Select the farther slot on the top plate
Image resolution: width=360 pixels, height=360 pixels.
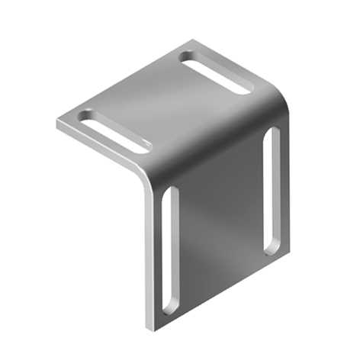coord(216,73)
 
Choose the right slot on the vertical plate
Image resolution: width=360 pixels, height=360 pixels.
coord(271,191)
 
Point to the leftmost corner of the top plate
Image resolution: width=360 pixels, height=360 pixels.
coord(58,122)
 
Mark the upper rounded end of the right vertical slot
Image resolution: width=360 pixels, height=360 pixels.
coord(272,134)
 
